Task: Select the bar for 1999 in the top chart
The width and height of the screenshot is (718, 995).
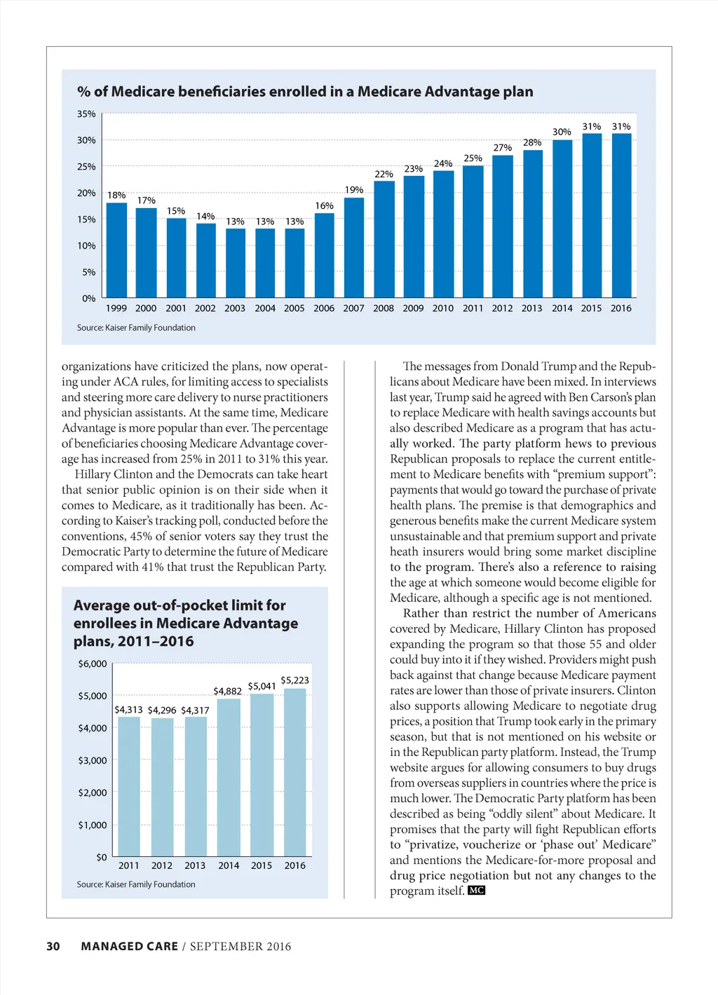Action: point(116,250)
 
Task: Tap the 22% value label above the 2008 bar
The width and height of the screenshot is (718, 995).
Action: point(384,174)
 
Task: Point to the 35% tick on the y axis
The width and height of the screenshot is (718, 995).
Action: point(86,114)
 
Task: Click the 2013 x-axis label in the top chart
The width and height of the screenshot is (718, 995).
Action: point(531,308)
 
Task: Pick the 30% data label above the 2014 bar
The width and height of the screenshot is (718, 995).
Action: point(562,132)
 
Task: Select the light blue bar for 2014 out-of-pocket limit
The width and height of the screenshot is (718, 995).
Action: point(229,777)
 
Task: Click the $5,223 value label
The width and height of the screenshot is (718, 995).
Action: point(294,680)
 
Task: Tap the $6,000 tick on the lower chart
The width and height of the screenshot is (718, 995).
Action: point(93,664)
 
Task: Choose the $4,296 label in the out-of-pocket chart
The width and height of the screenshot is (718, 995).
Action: point(162,711)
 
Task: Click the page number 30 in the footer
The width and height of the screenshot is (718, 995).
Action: point(53,947)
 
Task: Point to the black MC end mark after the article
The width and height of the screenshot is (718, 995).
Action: point(477,891)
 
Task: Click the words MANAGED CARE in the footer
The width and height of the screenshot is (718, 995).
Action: point(130,947)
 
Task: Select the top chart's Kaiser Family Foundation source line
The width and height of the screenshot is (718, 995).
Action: point(136,328)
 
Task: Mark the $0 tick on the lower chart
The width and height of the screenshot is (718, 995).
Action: point(102,858)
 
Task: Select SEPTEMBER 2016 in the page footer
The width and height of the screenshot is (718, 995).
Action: point(241,947)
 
